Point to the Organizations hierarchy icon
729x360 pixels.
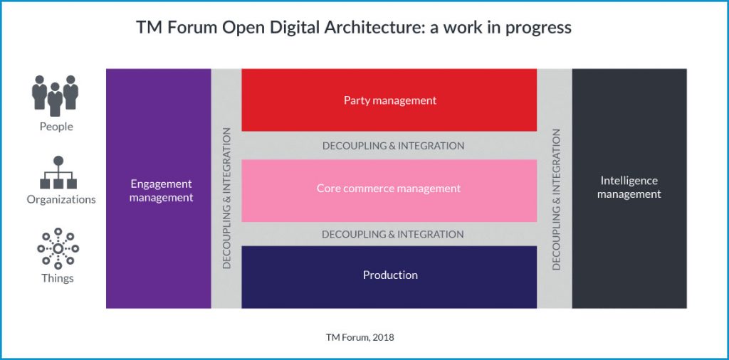(x=58, y=172)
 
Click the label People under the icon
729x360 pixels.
(x=56, y=127)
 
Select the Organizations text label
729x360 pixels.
(x=61, y=199)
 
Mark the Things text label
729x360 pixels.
(x=57, y=277)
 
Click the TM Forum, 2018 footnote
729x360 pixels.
(x=355, y=337)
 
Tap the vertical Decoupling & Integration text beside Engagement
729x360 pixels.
(x=227, y=198)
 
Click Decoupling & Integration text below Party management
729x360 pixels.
(x=393, y=146)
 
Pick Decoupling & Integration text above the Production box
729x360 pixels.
(x=392, y=234)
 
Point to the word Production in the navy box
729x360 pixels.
(x=390, y=275)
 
